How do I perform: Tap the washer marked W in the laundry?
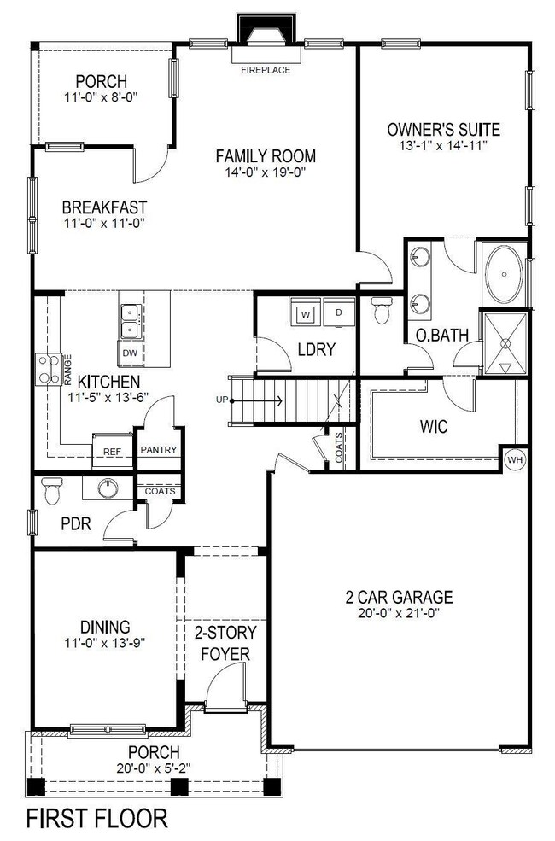[x=305, y=313]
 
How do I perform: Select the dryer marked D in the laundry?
[x=337, y=313]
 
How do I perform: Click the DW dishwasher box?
[x=130, y=352]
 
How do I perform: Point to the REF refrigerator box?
[x=111, y=452]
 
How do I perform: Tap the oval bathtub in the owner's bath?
[x=505, y=274]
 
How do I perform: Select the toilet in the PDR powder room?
[x=53, y=491]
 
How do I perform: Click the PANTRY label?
[x=157, y=450]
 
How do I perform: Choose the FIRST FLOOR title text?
[x=97, y=818]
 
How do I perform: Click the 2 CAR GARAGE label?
[x=400, y=597]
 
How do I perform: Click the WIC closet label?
[x=433, y=425]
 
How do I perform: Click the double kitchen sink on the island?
[x=131, y=321]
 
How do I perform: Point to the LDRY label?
[x=316, y=349]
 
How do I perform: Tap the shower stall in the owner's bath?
[x=505, y=343]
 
